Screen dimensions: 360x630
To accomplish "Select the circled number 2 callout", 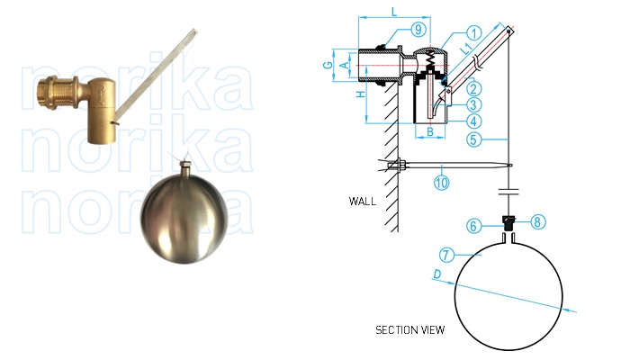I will click(x=473, y=88).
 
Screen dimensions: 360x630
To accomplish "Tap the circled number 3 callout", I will click(x=473, y=104).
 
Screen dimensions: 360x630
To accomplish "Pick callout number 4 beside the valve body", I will click(x=473, y=121).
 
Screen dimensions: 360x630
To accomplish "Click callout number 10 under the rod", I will click(x=441, y=182).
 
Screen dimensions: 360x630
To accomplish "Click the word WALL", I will click(x=362, y=201).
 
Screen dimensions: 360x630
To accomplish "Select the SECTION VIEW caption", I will click(x=409, y=330).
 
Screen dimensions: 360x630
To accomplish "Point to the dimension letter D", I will click(x=436, y=273).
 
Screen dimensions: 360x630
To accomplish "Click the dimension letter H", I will click(x=359, y=94).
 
